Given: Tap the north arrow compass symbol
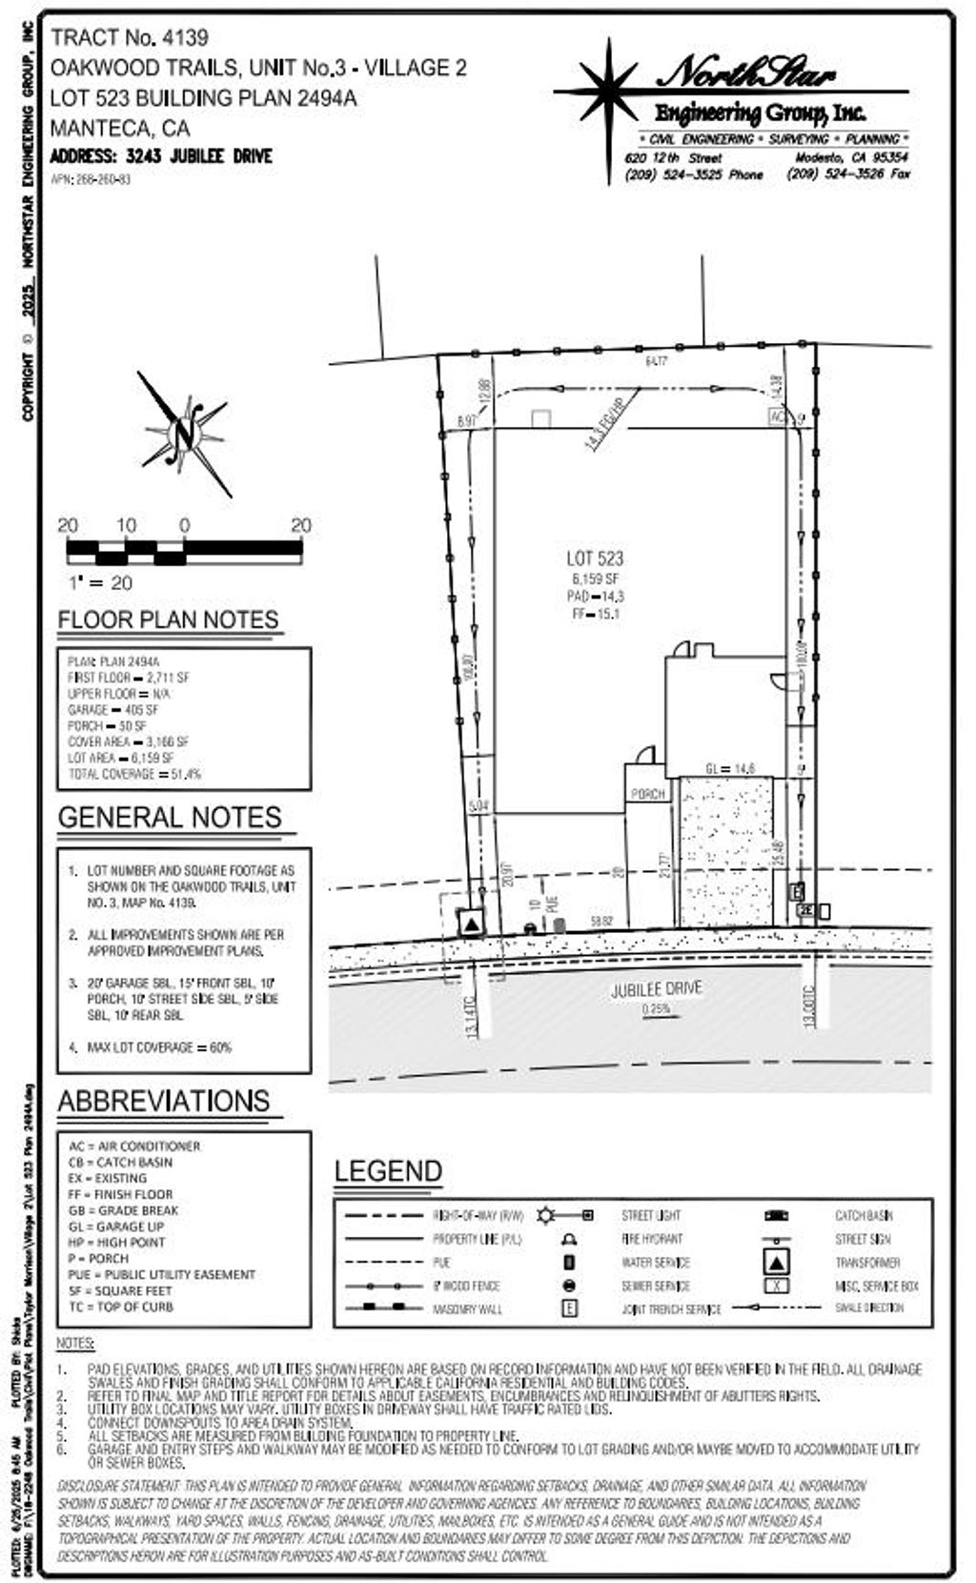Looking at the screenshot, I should (x=184, y=435).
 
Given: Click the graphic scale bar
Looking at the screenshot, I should (x=184, y=550).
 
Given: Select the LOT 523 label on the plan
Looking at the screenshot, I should (x=595, y=558).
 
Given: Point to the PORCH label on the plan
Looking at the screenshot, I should (x=647, y=794).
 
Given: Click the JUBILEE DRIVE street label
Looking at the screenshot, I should (x=656, y=989).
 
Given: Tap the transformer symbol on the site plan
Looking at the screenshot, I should (x=472, y=922).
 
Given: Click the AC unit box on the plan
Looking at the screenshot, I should (x=778, y=417).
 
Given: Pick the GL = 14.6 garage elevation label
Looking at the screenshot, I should (x=730, y=768).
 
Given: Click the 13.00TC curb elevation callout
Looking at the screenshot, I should (x=809, y=1005).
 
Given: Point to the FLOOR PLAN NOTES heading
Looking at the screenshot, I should (x=168, y=619).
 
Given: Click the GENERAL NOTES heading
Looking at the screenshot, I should (x=170, y=818).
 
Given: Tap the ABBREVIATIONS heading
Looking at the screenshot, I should (x=164, y=1101).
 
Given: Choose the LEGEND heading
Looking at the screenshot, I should (x=388, y=1171).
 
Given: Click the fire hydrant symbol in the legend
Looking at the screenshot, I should (x=569, y=1239).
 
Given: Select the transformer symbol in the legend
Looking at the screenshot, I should (x=777, y=1262).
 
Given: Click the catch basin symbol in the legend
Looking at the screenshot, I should (x=776, y=1216).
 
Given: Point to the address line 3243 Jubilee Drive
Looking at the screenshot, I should (x=161, y=156).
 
